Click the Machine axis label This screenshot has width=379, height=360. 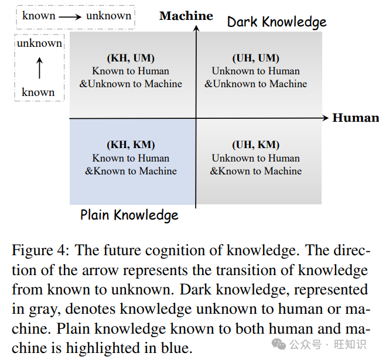186,16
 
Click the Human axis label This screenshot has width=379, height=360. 356,118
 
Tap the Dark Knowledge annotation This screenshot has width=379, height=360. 276,22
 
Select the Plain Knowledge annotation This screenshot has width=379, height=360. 129,215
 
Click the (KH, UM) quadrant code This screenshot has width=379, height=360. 131,58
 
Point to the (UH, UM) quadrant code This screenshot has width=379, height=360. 255,58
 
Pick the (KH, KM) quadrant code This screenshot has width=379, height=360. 131,145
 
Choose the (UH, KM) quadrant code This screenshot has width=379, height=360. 255,145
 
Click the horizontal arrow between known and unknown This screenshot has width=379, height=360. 70,16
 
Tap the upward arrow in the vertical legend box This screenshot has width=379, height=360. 39,67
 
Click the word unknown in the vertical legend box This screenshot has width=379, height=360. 39,43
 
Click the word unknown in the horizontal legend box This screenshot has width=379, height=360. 108,16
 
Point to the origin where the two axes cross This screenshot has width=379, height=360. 196,118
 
